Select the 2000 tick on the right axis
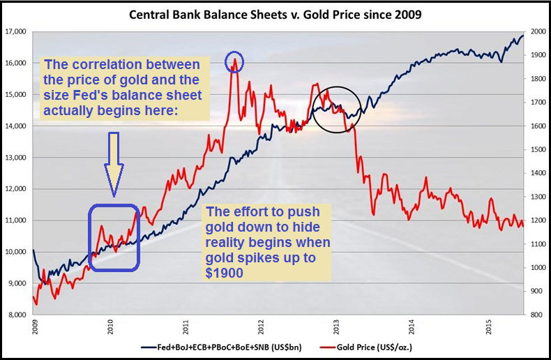click(x=538, y=31)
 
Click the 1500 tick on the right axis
click(x=538, y=149)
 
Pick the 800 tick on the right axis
click(x=538, y=315)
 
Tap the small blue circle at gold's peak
click(x=234, y=62)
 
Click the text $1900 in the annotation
click(x=224, y=273)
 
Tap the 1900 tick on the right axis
click(x=538, y=55)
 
